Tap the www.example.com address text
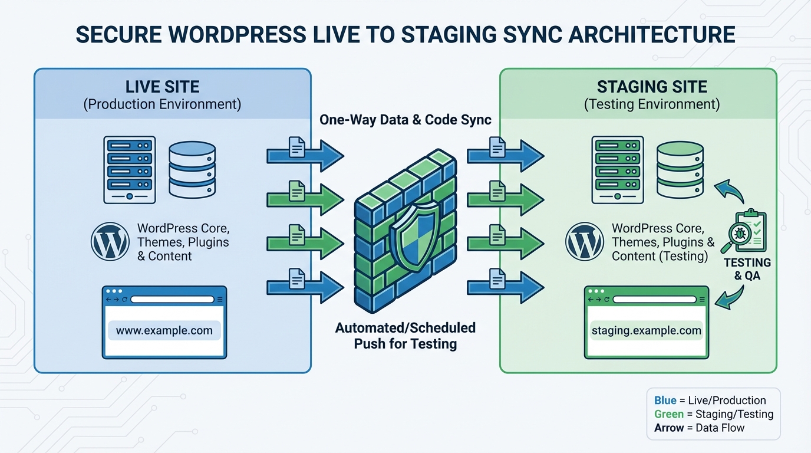[x=164, y=330]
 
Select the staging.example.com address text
[x=646, y=330]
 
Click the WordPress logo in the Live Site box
[x=110, y=242]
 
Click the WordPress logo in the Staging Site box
[x=584, y=242]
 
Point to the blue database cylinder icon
[x=192, y=169]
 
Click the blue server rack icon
[x=129, y=170]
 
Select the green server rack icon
[x=617, y=170]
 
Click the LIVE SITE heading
[x=162, y=87]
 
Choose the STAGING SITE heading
[x=651, y=87]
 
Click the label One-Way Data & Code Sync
[x=405, y=120]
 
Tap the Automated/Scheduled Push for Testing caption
[x=405, y=336]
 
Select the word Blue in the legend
[x=666, y=401]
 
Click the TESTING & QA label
[x=747, y=268]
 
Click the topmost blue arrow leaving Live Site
[x=305, y=155]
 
